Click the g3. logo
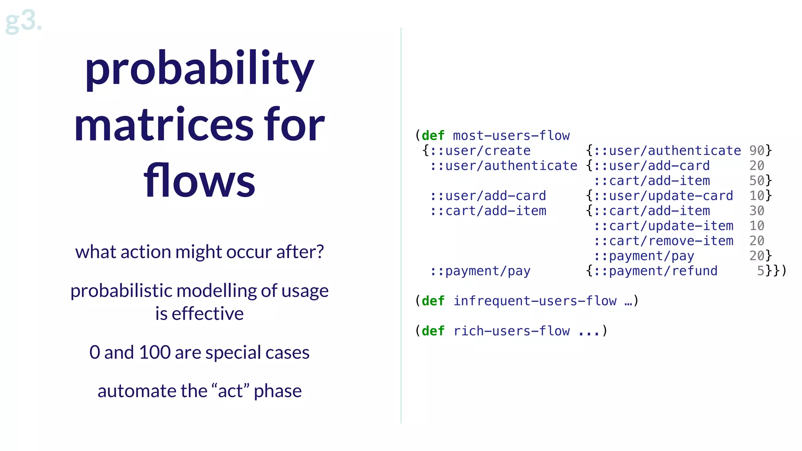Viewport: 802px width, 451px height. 23,22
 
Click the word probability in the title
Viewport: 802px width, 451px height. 199,69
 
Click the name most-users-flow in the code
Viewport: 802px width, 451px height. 511,135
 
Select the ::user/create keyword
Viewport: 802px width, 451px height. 480,151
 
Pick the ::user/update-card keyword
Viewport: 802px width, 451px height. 663,196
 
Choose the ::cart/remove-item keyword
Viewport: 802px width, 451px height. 663,241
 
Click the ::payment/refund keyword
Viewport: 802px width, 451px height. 655,271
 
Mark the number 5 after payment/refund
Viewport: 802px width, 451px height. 760,271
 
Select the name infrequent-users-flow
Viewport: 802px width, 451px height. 535,301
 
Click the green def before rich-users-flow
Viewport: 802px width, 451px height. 433,331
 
